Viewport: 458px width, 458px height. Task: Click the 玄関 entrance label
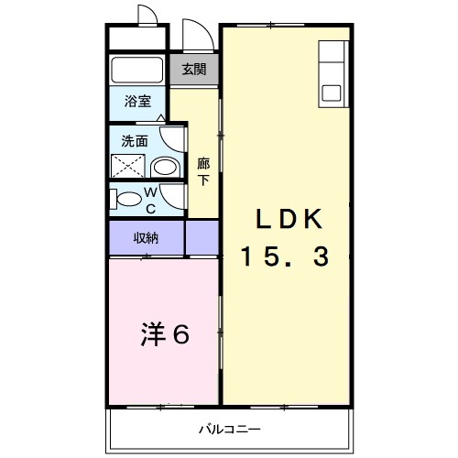(x=192, y=69)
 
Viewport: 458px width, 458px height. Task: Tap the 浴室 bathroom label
(x=138, y=103)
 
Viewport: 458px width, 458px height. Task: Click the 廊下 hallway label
(x=203, y=171)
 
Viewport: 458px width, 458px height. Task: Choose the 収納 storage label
(x=147, y=238)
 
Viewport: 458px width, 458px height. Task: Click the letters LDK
(x=287, y=220)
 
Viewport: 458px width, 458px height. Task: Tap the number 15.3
(x=285, y=257)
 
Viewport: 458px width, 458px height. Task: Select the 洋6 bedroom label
(x=165, y=334)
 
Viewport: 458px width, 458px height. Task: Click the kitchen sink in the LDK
(x=331, y=93)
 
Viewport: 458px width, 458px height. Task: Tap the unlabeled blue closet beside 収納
(x=202, y=238)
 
